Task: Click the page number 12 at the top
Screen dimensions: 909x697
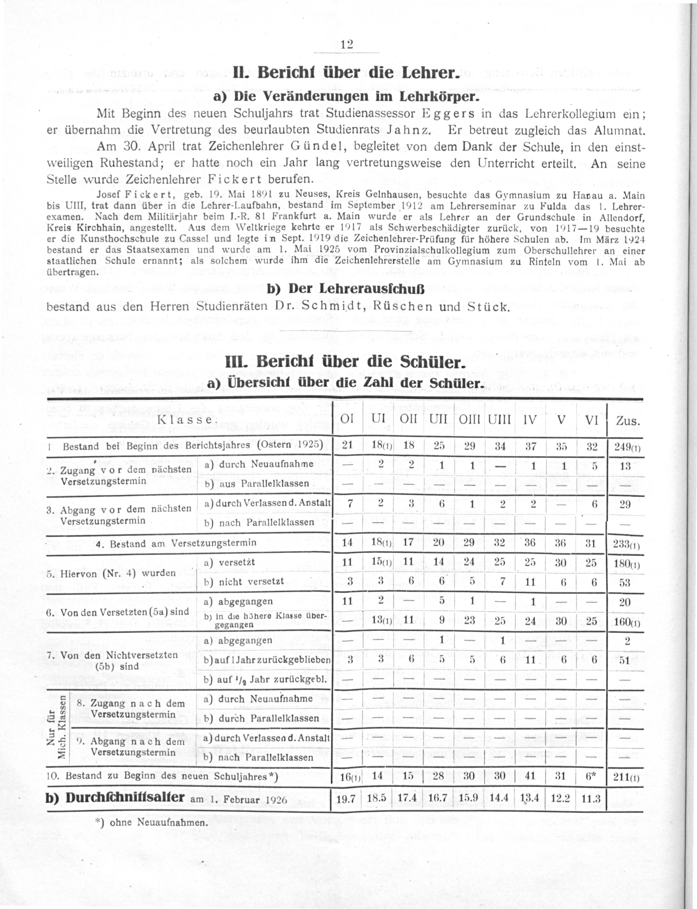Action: coord(347,45)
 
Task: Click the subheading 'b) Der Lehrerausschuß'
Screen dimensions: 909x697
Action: coord(346,289)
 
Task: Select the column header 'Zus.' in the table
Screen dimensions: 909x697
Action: coord(628,421)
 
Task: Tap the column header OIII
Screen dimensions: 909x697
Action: coord(469,420)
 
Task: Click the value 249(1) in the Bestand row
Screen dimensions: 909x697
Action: coord(626,447)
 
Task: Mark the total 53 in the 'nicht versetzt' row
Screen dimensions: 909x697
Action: coord(625,582)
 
